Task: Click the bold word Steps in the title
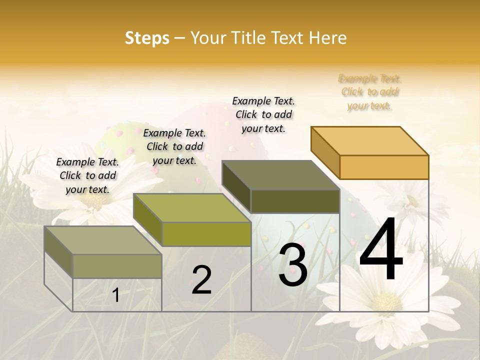147,38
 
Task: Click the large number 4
381,251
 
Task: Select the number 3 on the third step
292,265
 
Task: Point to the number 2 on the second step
201,280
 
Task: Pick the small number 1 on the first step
116,295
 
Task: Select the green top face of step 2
192,208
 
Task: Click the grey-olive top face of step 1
103,240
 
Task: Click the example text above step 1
87,175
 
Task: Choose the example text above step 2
174,146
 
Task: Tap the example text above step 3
263,114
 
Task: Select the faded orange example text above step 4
370,92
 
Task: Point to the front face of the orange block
384,167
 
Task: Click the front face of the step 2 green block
206,234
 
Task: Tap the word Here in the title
328,38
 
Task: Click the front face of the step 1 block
117,266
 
